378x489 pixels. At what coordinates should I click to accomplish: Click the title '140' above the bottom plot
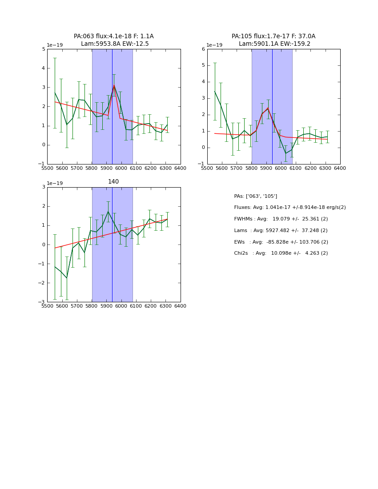pos(113,182)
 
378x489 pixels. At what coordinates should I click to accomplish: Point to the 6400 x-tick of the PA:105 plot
pos(340,168)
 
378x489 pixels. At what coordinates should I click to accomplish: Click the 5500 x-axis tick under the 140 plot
pos(47,306)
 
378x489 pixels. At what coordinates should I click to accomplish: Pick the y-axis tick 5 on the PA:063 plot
pos(43,49)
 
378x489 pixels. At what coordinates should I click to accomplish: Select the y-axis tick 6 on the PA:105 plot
pos(203,49)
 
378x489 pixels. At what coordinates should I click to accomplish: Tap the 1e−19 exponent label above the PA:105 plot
pos(215,45)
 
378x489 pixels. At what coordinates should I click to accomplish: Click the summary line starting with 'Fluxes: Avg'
pos(290,208)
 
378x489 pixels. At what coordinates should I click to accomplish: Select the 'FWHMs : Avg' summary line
pos(281,219)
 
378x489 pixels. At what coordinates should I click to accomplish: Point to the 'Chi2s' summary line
pos(281,253)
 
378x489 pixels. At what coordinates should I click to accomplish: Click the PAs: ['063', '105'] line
pos(255,196)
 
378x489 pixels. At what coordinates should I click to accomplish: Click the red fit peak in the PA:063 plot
pos(114,85)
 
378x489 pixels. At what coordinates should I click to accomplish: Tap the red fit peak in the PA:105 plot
pos(268,108)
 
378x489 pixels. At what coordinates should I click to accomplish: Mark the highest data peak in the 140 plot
pos(108,211)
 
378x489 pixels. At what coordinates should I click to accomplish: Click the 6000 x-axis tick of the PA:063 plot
pos(121,168)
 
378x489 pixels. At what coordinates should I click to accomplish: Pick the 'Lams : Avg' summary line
pos(281,231)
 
